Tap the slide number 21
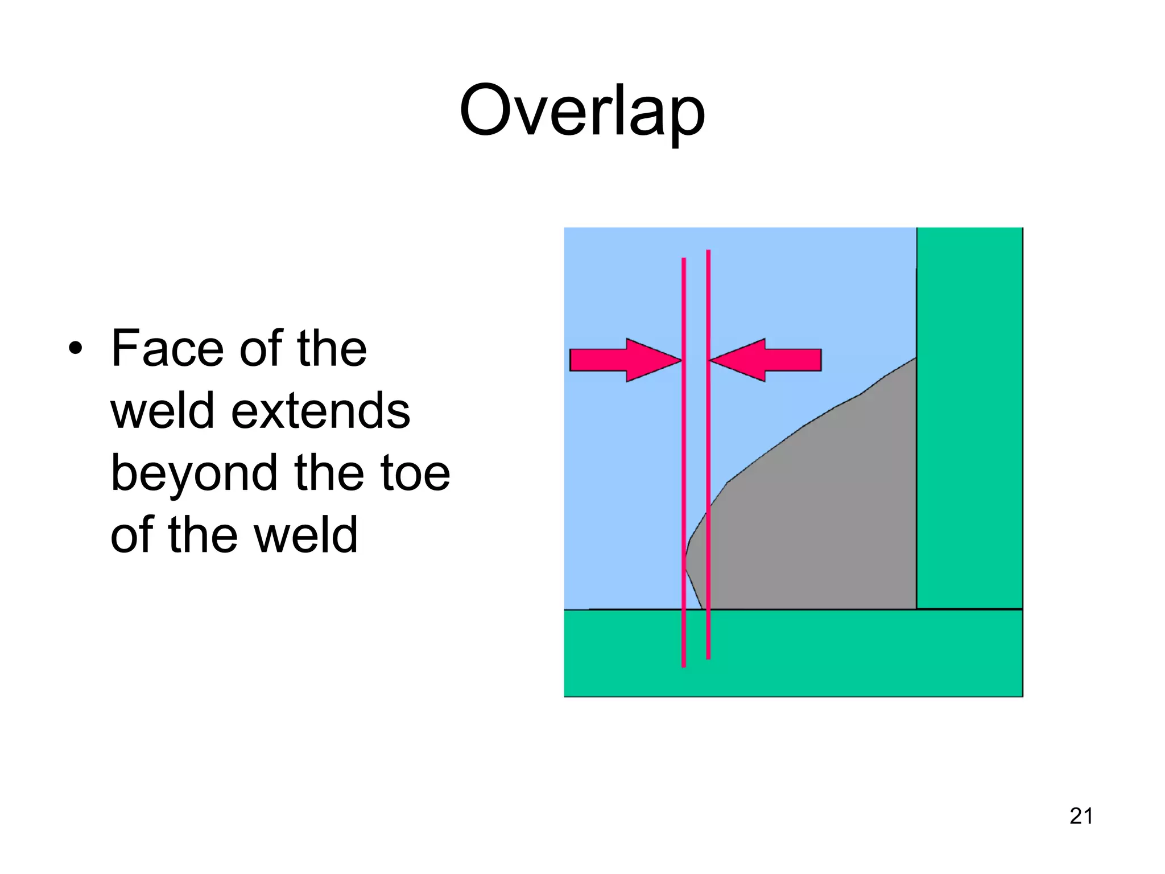pyautogui.click(x=1081, y=816)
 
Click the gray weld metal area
pyautogui.click(x=813, y=529)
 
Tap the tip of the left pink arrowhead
pyautogui.click(x=681, y=360)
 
